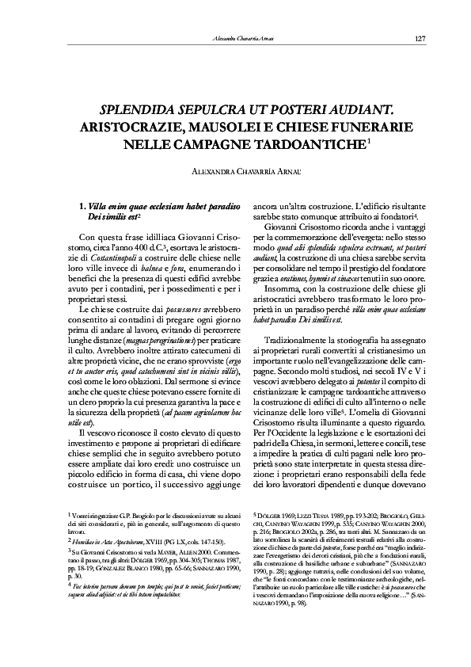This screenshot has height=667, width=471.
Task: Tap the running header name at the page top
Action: point(244,40)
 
